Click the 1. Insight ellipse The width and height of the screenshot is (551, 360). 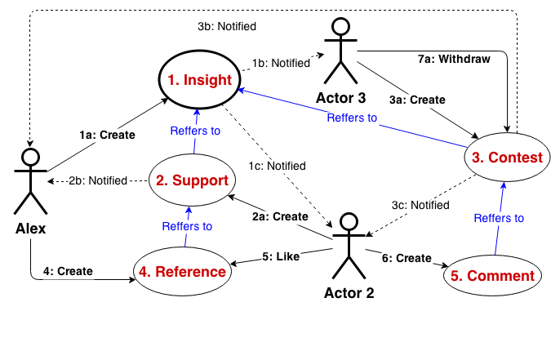(200, 80)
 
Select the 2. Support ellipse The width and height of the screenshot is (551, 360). (193, 180)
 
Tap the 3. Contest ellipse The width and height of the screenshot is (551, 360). (504, 158)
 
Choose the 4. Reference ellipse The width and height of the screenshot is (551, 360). (180, 272)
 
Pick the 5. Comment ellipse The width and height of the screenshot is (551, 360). (492, 276)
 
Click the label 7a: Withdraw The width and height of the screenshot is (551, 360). (454, 60)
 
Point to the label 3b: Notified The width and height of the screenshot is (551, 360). (227, 27)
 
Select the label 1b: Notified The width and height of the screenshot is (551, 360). (281, 63)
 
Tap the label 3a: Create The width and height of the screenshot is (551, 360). (417, 100)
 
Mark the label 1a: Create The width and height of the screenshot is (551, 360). (107, 135)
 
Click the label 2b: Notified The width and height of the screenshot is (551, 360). (98, 180)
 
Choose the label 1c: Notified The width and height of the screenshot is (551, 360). (277, 167)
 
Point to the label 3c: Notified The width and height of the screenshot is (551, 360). (420, 205)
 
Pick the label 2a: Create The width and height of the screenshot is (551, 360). (280, 217)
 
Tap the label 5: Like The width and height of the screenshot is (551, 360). (281, 256)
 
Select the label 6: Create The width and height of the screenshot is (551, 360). (407, 258)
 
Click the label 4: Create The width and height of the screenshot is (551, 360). (68, 271)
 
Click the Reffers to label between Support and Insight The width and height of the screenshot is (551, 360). (195, 131)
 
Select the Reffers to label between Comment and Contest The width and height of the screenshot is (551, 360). (499, 218)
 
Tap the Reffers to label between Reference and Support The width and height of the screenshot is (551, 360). (187, 226)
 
